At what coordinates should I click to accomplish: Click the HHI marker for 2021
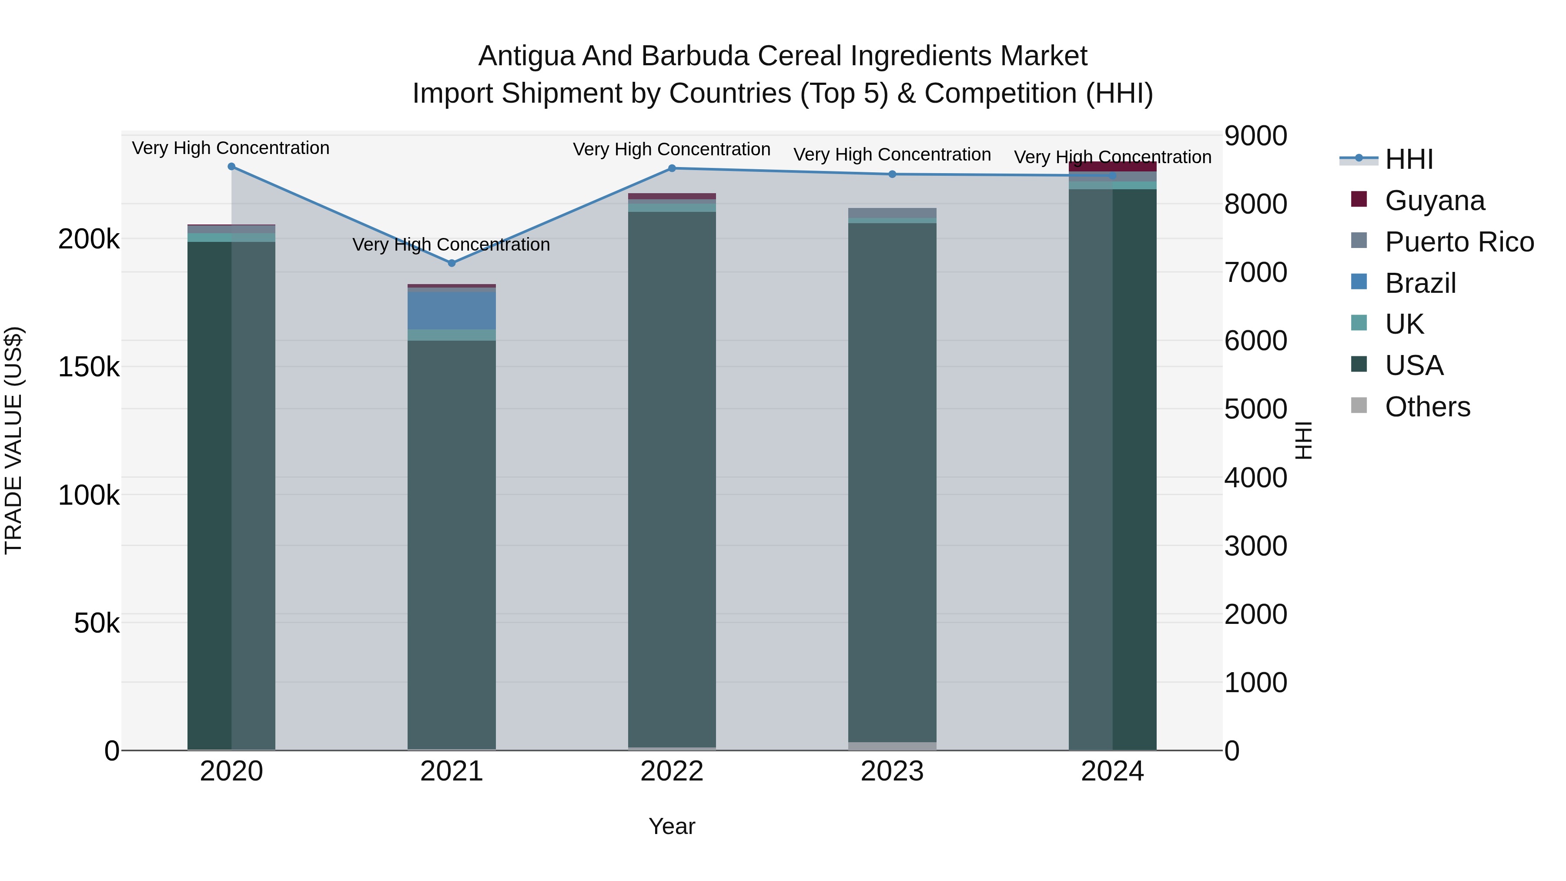[x=452, y=263]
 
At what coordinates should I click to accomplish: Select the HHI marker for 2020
[x=231, y=167]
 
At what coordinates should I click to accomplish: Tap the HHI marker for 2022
[x=672, y=168]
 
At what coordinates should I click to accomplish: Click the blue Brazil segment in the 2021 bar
[x=452, y=311]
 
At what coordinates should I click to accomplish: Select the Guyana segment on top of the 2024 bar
[x=1112, y=167]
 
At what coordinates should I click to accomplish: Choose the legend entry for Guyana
[x=1434, y=201]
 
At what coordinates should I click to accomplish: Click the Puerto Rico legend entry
[x=1459, y=242]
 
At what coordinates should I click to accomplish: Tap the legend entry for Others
[x=1427, y=407]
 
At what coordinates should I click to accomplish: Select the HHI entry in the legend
[x=1409, y=159]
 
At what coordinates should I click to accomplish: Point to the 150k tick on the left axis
[x=89, y=367]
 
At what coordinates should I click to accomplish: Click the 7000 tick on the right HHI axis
[x=1255, y=272]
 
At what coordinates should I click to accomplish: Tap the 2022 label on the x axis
[x=672, y=771]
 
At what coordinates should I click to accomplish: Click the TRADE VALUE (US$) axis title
[x=13, y=440]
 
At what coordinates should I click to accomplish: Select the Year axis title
[x=672, y=826]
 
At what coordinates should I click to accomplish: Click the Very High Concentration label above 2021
[x=452, y=245]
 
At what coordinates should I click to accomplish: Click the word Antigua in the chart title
[x=526, y=56]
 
